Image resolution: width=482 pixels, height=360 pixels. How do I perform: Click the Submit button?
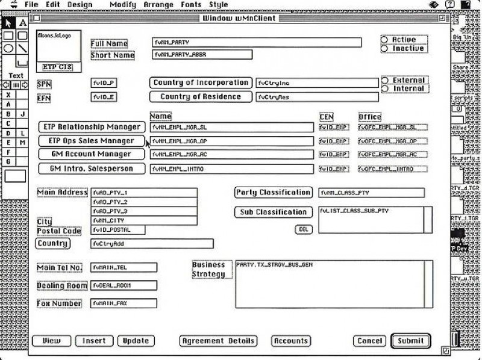pyautogui.click(x=410, y=341)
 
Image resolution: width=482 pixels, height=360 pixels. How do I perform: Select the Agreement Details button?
pyautogui.click(x=218, y=341)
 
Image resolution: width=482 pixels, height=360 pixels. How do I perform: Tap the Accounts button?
pyautogui.click(x=291, y=341)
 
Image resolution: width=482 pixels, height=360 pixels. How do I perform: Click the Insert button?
pyautogui.click(x=94, y=341)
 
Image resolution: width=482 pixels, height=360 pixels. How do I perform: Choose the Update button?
pyautogui.click(x=136, y=341)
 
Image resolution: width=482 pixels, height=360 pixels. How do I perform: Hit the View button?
pyautogui.click(x=51, y=341)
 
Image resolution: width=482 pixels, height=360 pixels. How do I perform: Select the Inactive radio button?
pyautogui.click(x=384, y=49)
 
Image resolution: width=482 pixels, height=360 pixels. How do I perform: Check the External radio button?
pyautogui.click(x=384, y=81)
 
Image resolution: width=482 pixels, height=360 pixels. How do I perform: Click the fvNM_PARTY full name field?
pyautogui.click(x=257, y=43)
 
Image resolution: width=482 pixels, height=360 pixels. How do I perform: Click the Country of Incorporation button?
pyautogui.click(x=200, y=82)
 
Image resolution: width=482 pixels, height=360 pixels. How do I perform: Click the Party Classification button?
pyautogui.click(x=273, y=193)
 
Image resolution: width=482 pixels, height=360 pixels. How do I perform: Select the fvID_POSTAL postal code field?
pyautogui.click(x=118, y=230)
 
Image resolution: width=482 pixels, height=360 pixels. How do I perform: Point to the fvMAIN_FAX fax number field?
pyautogui.click(x=124, y=303)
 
